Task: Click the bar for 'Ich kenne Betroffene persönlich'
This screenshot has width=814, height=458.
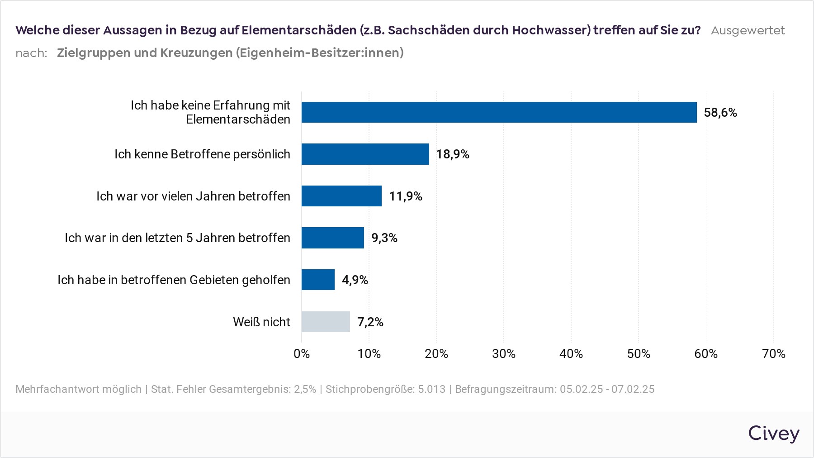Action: tap(365, 154)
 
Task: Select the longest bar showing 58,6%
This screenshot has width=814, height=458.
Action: tap(499, 112)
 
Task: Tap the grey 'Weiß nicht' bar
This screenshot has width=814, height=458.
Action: tap(326, 322)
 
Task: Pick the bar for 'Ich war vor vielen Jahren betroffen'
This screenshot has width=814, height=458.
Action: tap(341, 196)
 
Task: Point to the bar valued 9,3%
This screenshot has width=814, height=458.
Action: tap(332, 238)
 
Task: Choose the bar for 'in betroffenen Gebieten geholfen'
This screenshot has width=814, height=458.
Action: tap(318, 280)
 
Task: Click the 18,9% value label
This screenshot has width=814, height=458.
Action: tap(453, 154)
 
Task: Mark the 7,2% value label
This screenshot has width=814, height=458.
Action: tap(370, 322)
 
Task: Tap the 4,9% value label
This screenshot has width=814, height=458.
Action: tap(355, 280)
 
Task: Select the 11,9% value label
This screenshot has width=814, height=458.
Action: tap(406, 196)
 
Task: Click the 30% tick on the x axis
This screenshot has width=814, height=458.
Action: tap(504, 354)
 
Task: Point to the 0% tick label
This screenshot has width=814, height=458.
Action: tap(302, 354)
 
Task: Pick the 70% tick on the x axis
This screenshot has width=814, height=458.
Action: tap(774, 354)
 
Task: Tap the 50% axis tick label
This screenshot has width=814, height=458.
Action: tap(639, 354)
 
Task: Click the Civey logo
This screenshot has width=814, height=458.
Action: tap(774, 434)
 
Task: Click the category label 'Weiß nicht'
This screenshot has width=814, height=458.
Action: tap(261, 322)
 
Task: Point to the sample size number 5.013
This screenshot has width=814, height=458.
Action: tap(431, 389)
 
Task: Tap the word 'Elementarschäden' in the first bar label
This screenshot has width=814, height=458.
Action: tap(238, 119)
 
